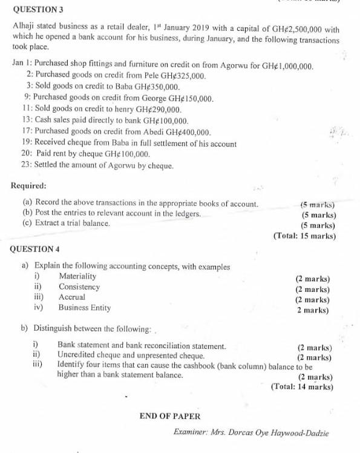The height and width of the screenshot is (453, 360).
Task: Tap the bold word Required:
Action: click(x=30, y=185)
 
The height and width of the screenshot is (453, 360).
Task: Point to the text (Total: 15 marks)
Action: click(x=304, y=236)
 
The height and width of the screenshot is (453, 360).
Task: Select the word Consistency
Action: click(x=79, y=287)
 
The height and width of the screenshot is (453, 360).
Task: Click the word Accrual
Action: click(x=72, y=297)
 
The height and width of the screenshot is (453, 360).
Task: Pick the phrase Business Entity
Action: click(x=85, y=308)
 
